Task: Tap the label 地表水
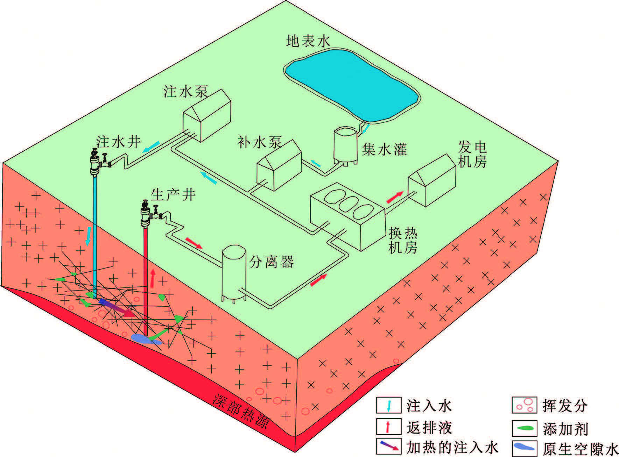click(x=308, y=41)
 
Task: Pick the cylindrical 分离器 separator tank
click(x=234, y=273)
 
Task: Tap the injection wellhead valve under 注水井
click(x=95, y=163)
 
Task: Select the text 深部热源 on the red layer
click(x=242, y=411)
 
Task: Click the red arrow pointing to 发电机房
click(x=395, y=197)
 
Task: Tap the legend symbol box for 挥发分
click(x=524, y=406)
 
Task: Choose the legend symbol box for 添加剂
click(x=524, y=428)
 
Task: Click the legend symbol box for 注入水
click(x=389, y=406)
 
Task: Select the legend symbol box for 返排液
click(x=389, y=427)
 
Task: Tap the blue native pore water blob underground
click(x=145, y=338)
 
